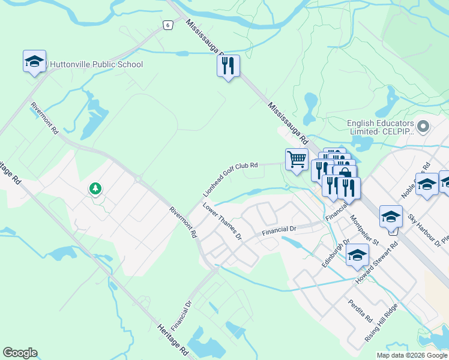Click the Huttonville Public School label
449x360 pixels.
97,64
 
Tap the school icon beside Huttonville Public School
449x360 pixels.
35,61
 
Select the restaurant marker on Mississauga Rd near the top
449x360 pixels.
228,67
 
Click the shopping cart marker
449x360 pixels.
297,160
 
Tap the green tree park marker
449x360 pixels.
95,189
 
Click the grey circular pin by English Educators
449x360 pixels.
423,127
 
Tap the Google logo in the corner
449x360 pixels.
20,353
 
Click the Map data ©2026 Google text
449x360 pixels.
412,355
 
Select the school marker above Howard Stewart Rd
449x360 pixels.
391,217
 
